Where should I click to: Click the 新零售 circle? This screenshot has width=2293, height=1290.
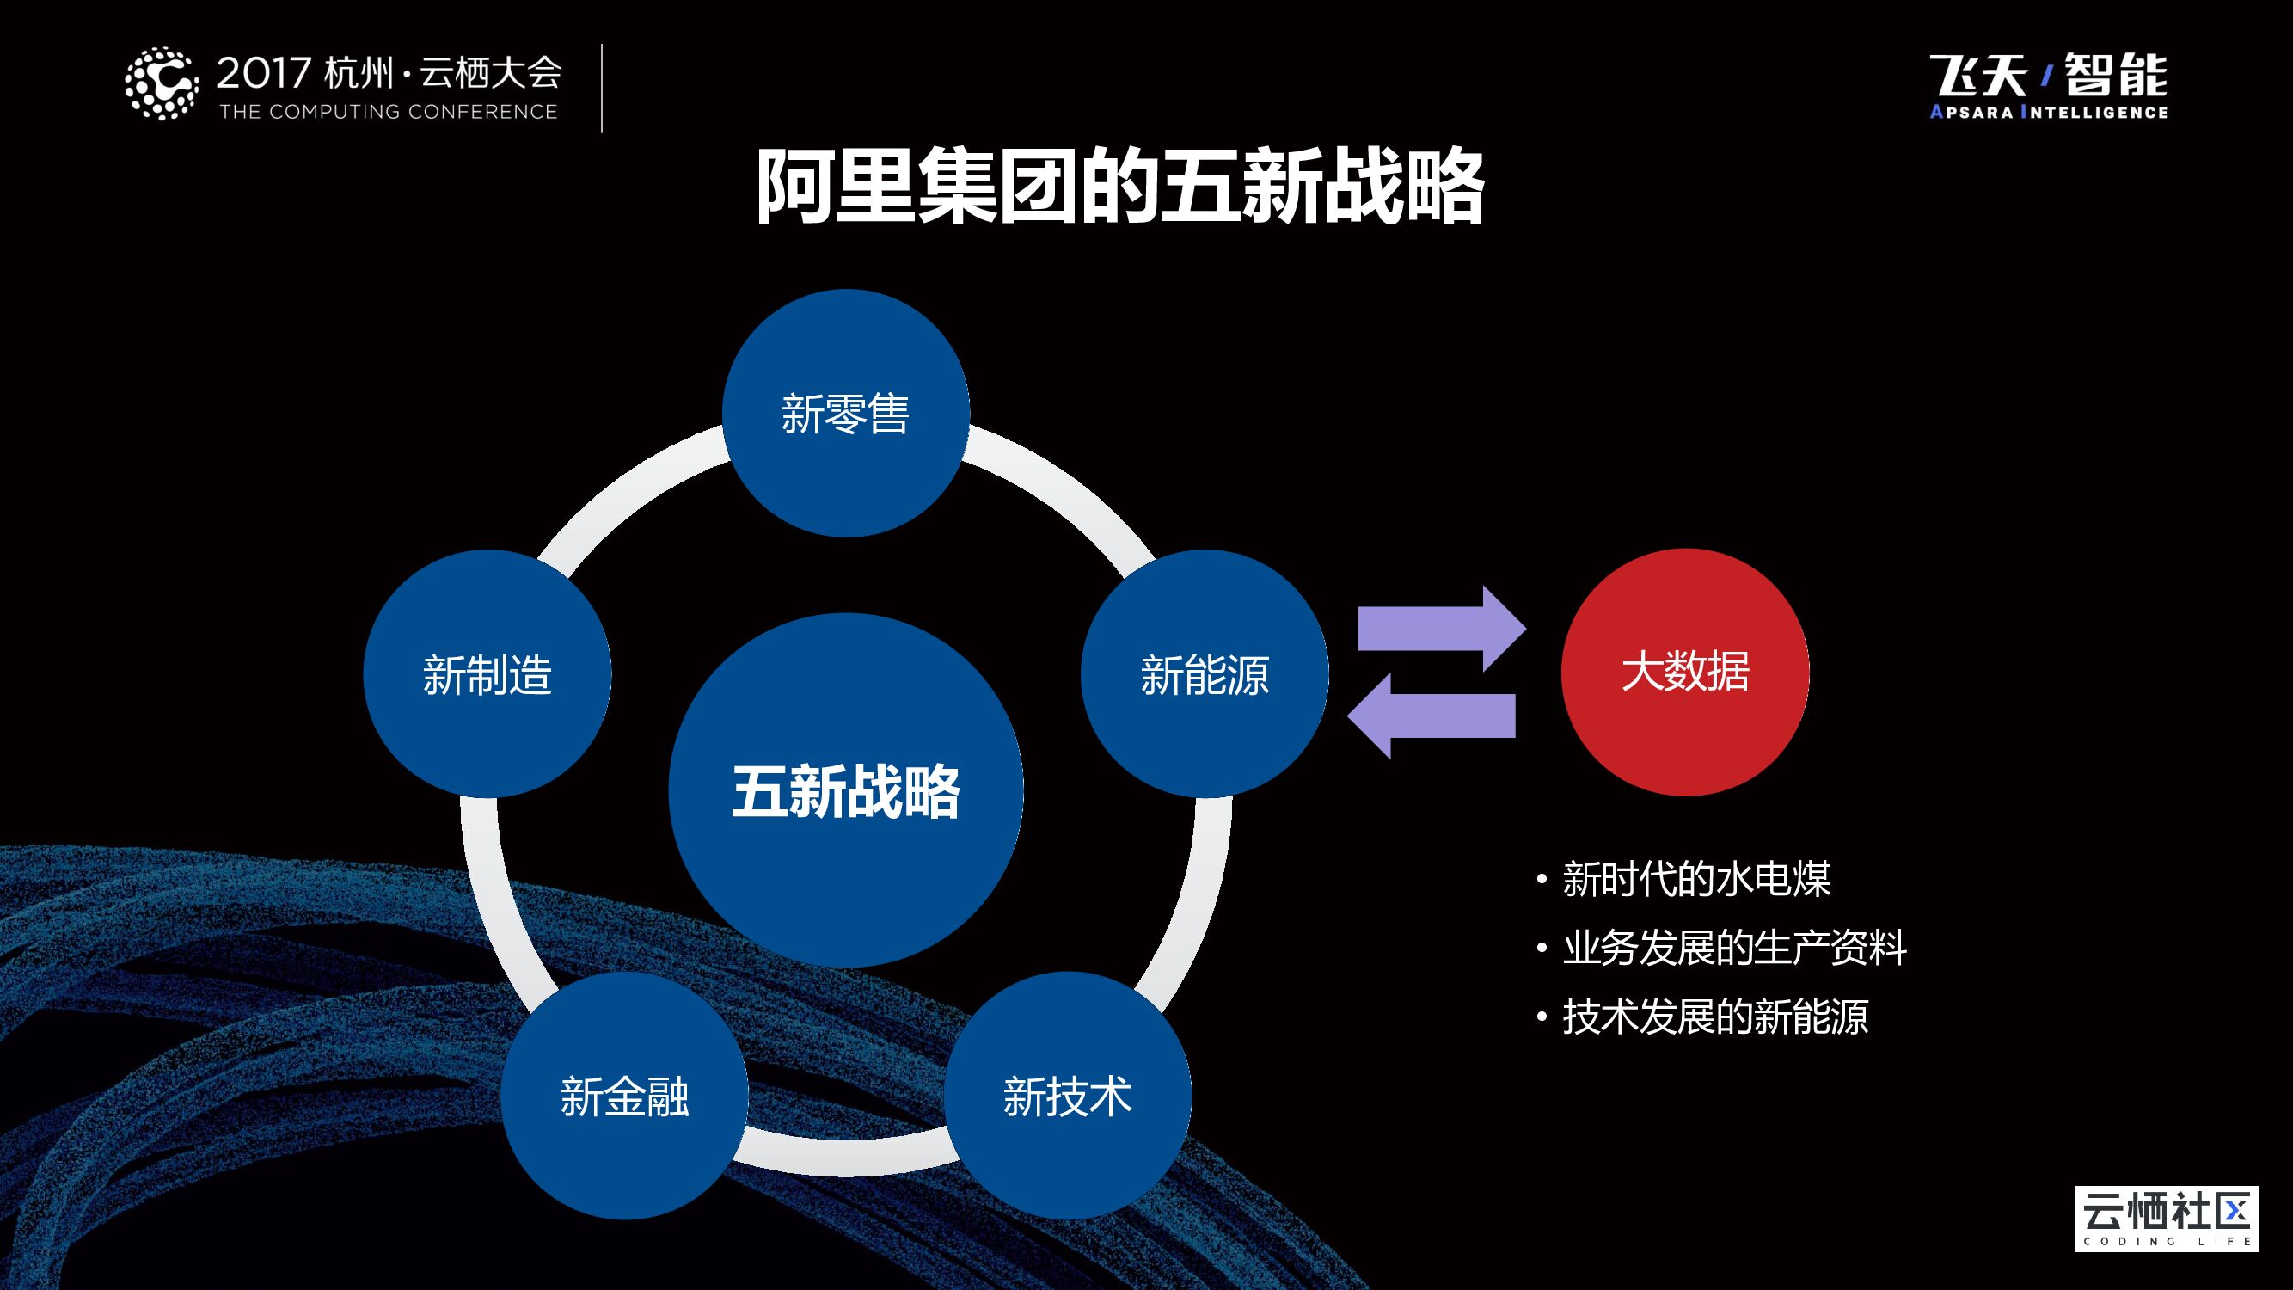[846, 413]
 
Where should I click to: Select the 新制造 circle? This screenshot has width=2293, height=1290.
[487, 674]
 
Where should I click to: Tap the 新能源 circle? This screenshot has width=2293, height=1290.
[1205, 674]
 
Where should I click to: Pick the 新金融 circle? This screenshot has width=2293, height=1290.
[624, 1095]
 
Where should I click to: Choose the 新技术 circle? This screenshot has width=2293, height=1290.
[1067, 1095]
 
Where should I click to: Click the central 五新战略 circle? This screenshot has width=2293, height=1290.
[846, 790]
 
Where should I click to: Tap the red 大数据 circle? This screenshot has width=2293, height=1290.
[1685, 672]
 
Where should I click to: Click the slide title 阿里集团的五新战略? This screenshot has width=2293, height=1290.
[1119, 187]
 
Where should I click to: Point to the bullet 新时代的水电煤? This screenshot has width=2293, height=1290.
[1695, 880]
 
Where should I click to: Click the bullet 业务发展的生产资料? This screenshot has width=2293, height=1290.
[1734, 947]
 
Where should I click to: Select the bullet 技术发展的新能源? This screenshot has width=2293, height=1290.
[1714, 1016]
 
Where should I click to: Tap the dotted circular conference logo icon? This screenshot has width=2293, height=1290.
[161, 83]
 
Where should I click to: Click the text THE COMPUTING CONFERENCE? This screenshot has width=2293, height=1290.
[388, 112]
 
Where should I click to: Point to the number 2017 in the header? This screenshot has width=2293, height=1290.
[263, 73]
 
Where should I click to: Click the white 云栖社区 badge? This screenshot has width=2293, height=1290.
[2166, 1218]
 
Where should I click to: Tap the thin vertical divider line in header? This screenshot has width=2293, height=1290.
[602, 88]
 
